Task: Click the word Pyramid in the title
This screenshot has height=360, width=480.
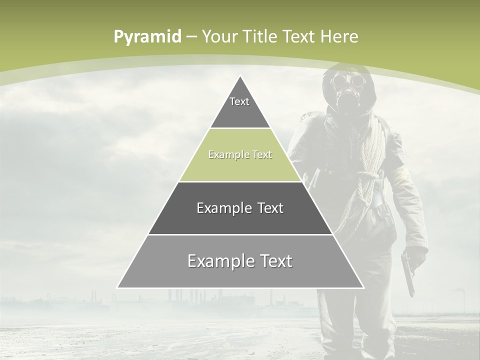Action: tap(147, 37)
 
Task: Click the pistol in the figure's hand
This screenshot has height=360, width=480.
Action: tap(408, 273)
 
